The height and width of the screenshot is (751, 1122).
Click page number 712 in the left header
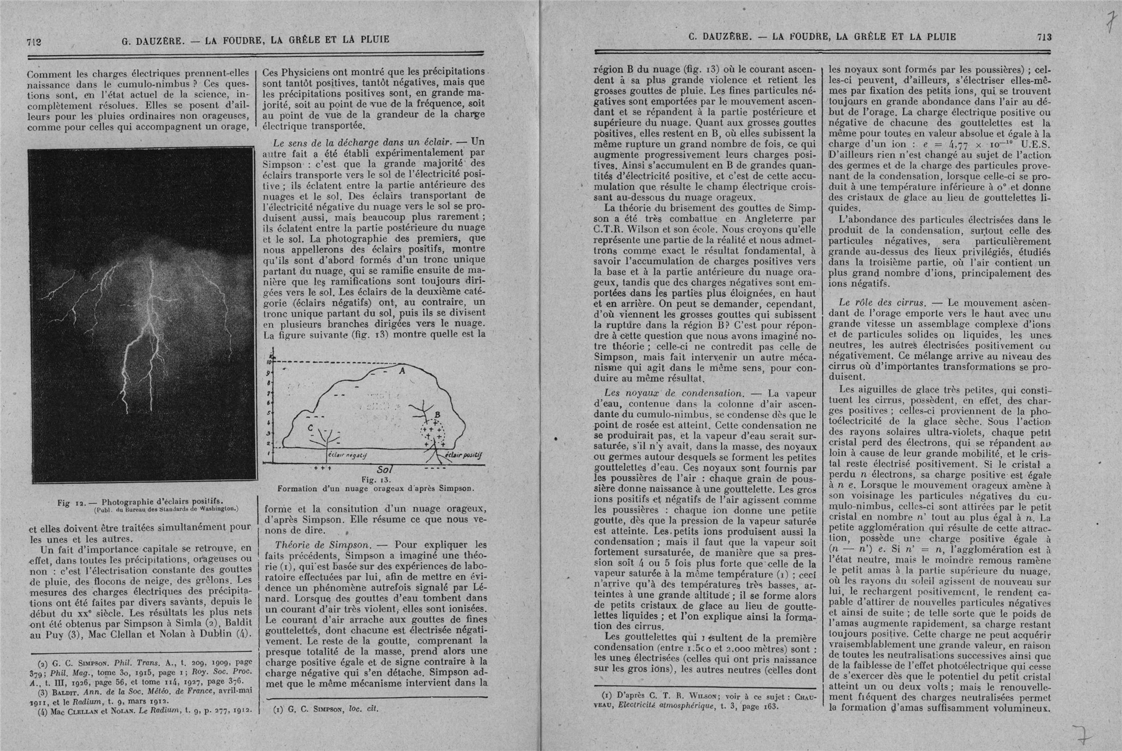pos(33,41)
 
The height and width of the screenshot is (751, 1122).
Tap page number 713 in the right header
pos(1044,37)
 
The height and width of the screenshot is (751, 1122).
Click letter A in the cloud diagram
pos(402,371)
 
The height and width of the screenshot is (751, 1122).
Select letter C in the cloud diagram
pos(310,428)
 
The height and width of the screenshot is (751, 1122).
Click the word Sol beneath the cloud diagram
pos(383,469)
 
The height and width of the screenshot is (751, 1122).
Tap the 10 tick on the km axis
pos(269,362)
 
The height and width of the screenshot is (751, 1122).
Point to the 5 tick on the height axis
pos(269,413)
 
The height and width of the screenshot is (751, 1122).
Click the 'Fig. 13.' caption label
pos(376,479)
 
